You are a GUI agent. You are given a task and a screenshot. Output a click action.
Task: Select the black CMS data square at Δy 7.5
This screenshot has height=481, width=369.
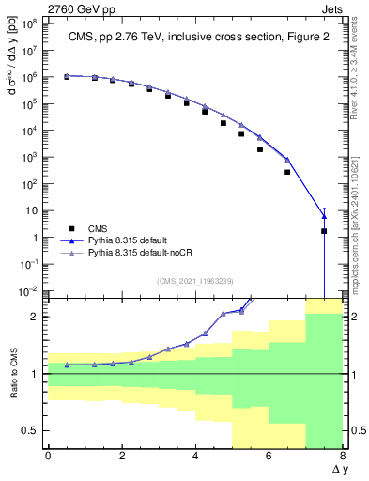point(324,231)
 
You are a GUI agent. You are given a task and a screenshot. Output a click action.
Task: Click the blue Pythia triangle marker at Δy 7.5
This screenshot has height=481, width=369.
point(324,217)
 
